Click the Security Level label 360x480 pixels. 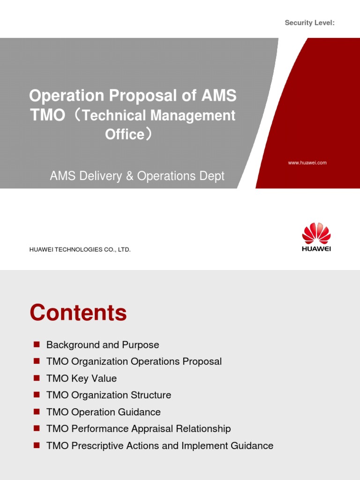point(309,23)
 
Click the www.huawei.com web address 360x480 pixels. point(307,163)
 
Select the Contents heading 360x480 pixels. point(78,313)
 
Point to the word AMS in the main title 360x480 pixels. point(219,96)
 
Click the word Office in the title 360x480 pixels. point(124,134)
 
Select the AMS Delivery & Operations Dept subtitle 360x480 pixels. point(137,176)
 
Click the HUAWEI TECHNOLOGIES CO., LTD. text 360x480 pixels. point(80,250)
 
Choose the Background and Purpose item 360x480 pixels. point(103,345)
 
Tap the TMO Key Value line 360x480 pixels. point(82,379)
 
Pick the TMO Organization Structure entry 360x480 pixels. point(109,396)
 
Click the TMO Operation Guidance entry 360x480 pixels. point(104,412)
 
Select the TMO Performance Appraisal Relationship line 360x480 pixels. point(139,429)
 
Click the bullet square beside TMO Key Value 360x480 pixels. point(36,378)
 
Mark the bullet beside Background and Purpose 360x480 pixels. point(36,345)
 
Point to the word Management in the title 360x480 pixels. point(200,115)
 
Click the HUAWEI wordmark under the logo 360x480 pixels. point(316,249)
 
